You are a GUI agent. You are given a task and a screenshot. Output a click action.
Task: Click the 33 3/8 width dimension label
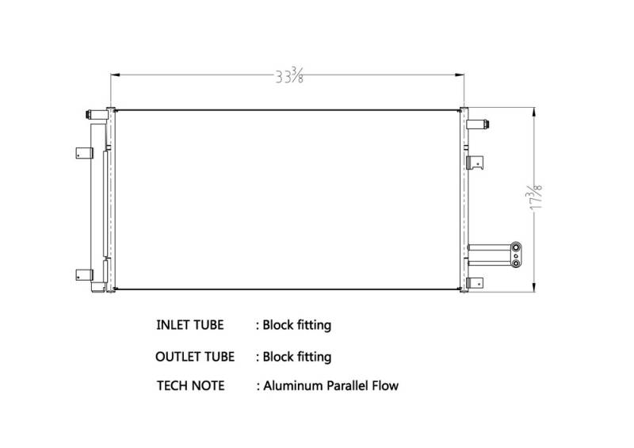click(x=289, y=75)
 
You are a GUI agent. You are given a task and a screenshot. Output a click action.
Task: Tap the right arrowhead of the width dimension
click(x=460, y=75)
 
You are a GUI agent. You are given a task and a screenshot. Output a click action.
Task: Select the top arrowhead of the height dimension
click(x=534, y=113)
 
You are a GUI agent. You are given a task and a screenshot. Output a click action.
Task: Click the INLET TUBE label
click(x=189, y=325)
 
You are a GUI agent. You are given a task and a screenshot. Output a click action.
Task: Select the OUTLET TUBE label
click(x=195, y=357)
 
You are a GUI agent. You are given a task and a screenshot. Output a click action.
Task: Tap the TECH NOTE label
click(x=190, y=385)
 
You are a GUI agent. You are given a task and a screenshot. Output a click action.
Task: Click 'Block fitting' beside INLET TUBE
click(x=297, y=325)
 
